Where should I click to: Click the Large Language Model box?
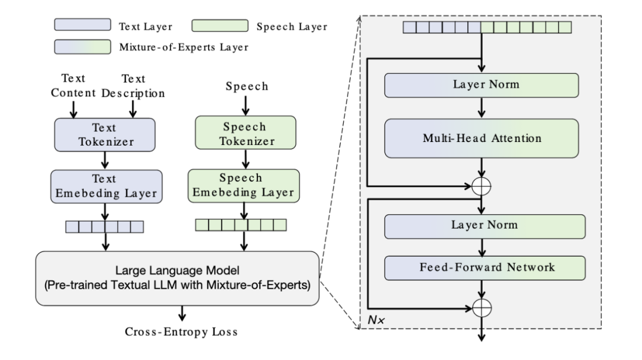pos(177,279)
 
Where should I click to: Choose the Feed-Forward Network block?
pos(485,267)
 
